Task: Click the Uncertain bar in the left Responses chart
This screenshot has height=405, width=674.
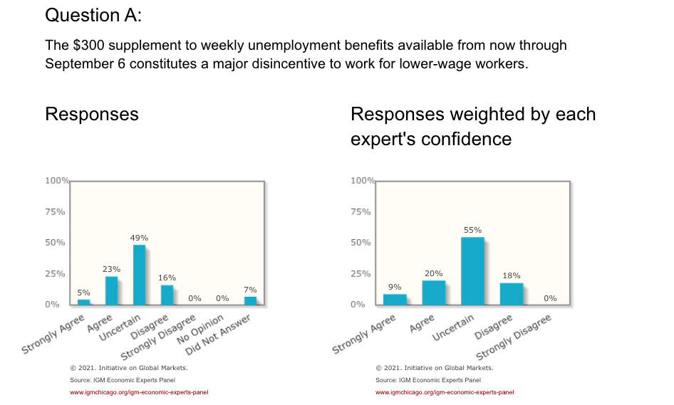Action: [x=139, y=275]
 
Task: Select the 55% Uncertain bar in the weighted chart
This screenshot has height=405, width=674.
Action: [x=472, y=270]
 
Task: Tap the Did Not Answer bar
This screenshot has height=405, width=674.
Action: [x=250, y=300]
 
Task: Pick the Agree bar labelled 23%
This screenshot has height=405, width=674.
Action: [x=111, y=290]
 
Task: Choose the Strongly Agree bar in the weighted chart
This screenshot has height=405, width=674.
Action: [x=395, y=299]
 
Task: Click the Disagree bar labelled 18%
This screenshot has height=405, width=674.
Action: [x=511, y=293]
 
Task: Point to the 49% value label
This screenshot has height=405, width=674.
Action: [x=139, y=237]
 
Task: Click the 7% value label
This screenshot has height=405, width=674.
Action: [x=250, y=290]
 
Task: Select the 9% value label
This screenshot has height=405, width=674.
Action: [x=395, y=287]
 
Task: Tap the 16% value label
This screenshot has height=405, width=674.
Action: [x=167, y=278]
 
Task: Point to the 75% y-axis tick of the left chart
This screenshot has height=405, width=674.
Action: [x=56, y=211]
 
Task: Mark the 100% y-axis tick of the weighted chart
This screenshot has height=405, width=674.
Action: [x=363, y=181]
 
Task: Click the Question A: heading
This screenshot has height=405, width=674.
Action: [x=93, y=15]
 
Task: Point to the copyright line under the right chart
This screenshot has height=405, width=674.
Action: [x=435, y=368]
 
